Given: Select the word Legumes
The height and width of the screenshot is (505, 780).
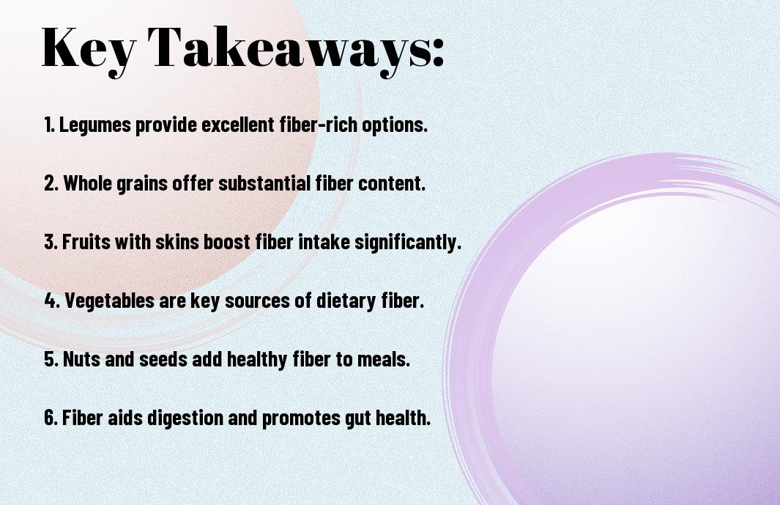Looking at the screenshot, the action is [x=95, y=125].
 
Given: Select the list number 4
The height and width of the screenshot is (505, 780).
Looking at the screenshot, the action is [x=51, y=301].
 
